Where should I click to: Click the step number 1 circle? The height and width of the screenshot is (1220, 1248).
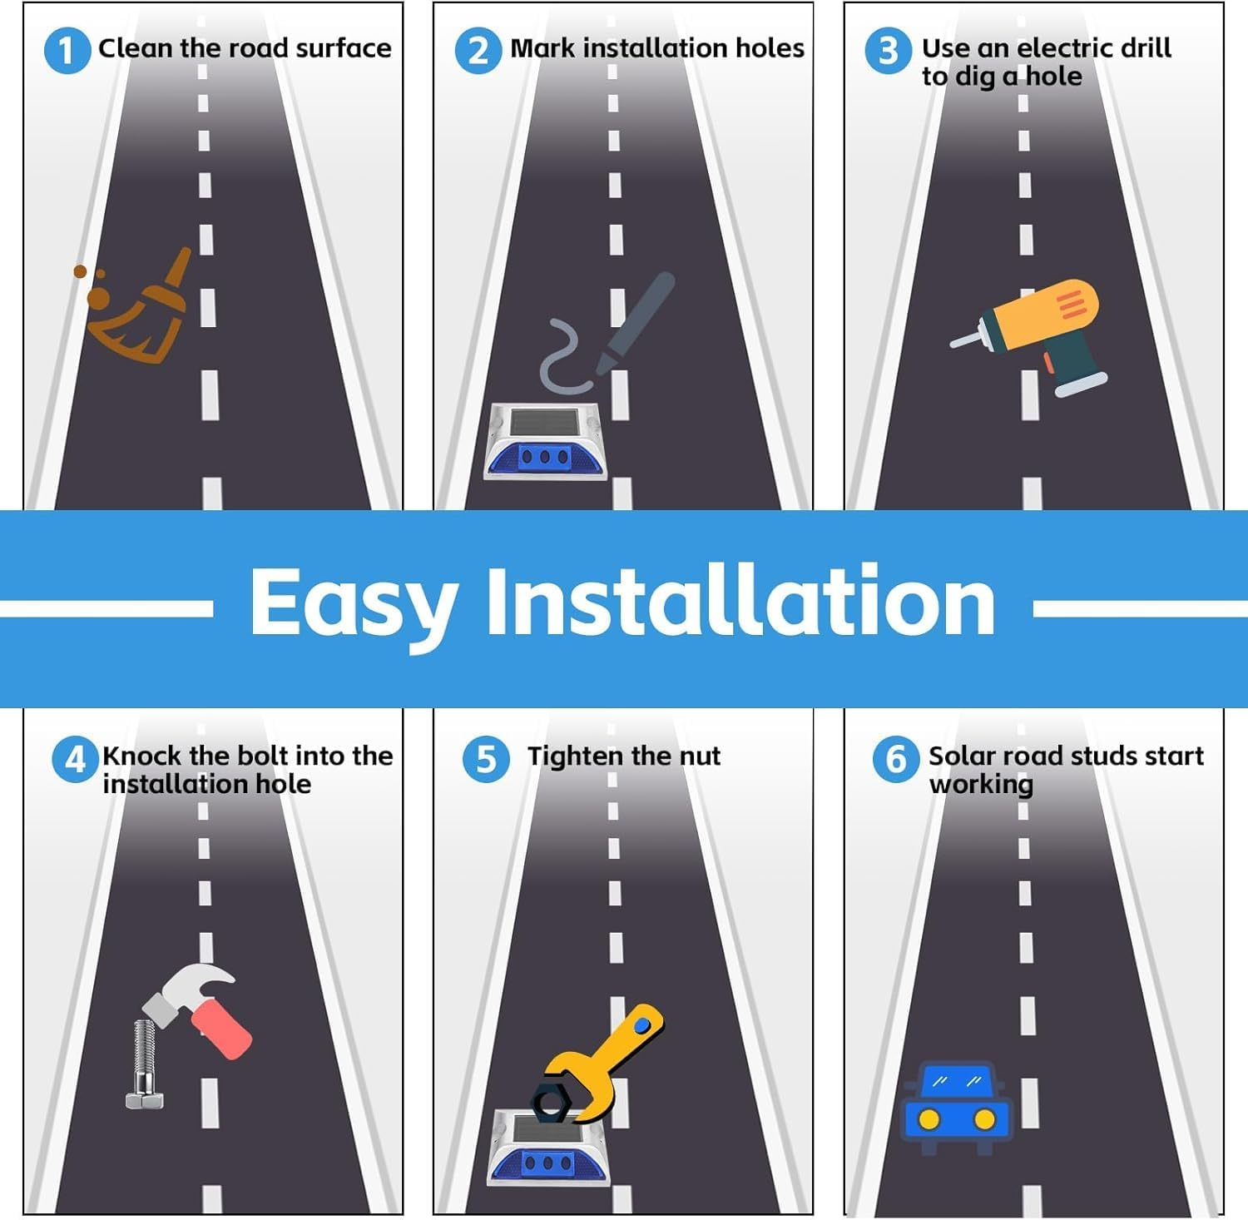point(67,50)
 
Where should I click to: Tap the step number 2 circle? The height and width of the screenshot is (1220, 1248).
point(478,50)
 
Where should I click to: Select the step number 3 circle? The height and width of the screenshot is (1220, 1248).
point(888,50)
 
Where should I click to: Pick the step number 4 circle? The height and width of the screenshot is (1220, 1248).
point(75,759)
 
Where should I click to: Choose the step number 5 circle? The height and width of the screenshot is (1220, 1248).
point(486,759)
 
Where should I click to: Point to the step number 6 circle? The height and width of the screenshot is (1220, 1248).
point(896,759)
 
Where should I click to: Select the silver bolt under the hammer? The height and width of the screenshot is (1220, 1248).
point(145,1064)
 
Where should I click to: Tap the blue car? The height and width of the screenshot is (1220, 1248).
point(957,1107)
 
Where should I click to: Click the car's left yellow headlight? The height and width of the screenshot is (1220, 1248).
point(929,1119)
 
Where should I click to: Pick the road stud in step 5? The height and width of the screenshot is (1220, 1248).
point(549,1147)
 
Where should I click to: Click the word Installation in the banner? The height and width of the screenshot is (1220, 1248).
point(740,601)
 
